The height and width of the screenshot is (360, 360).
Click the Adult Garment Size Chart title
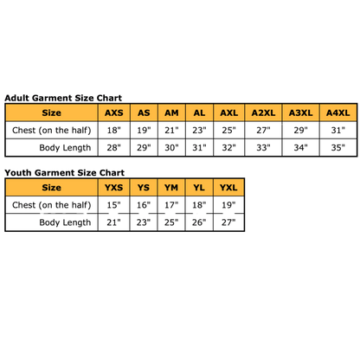click(63, 98)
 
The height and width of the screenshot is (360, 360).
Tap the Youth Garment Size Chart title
click(64, 173)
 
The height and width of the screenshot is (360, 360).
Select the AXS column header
click(114, 112)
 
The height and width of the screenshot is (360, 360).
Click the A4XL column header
click(338, 112)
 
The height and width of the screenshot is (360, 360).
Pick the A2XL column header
click(263, 112)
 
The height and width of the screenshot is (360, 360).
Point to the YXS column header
click(113, 188)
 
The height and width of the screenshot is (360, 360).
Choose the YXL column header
click(228, 188)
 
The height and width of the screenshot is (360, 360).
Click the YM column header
click(171, 188)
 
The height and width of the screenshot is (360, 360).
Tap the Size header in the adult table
click(51, 112)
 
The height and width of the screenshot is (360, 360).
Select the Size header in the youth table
click(51, 188)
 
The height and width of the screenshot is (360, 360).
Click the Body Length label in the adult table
click(65, 148)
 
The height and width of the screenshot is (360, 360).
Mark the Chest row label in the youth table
click(52, 205)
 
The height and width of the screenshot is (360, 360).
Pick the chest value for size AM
click(171, 131)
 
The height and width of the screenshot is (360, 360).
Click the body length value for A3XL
click(301, 148)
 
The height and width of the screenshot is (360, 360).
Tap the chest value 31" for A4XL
click(338, 131)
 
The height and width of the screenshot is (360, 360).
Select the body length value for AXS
click(114, 148)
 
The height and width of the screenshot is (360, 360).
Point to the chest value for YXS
click(114, 205)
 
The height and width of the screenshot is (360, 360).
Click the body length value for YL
click(199, 222)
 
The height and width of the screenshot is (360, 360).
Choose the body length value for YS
click(144, 222)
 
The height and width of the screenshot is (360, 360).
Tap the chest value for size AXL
click(228, 131)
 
